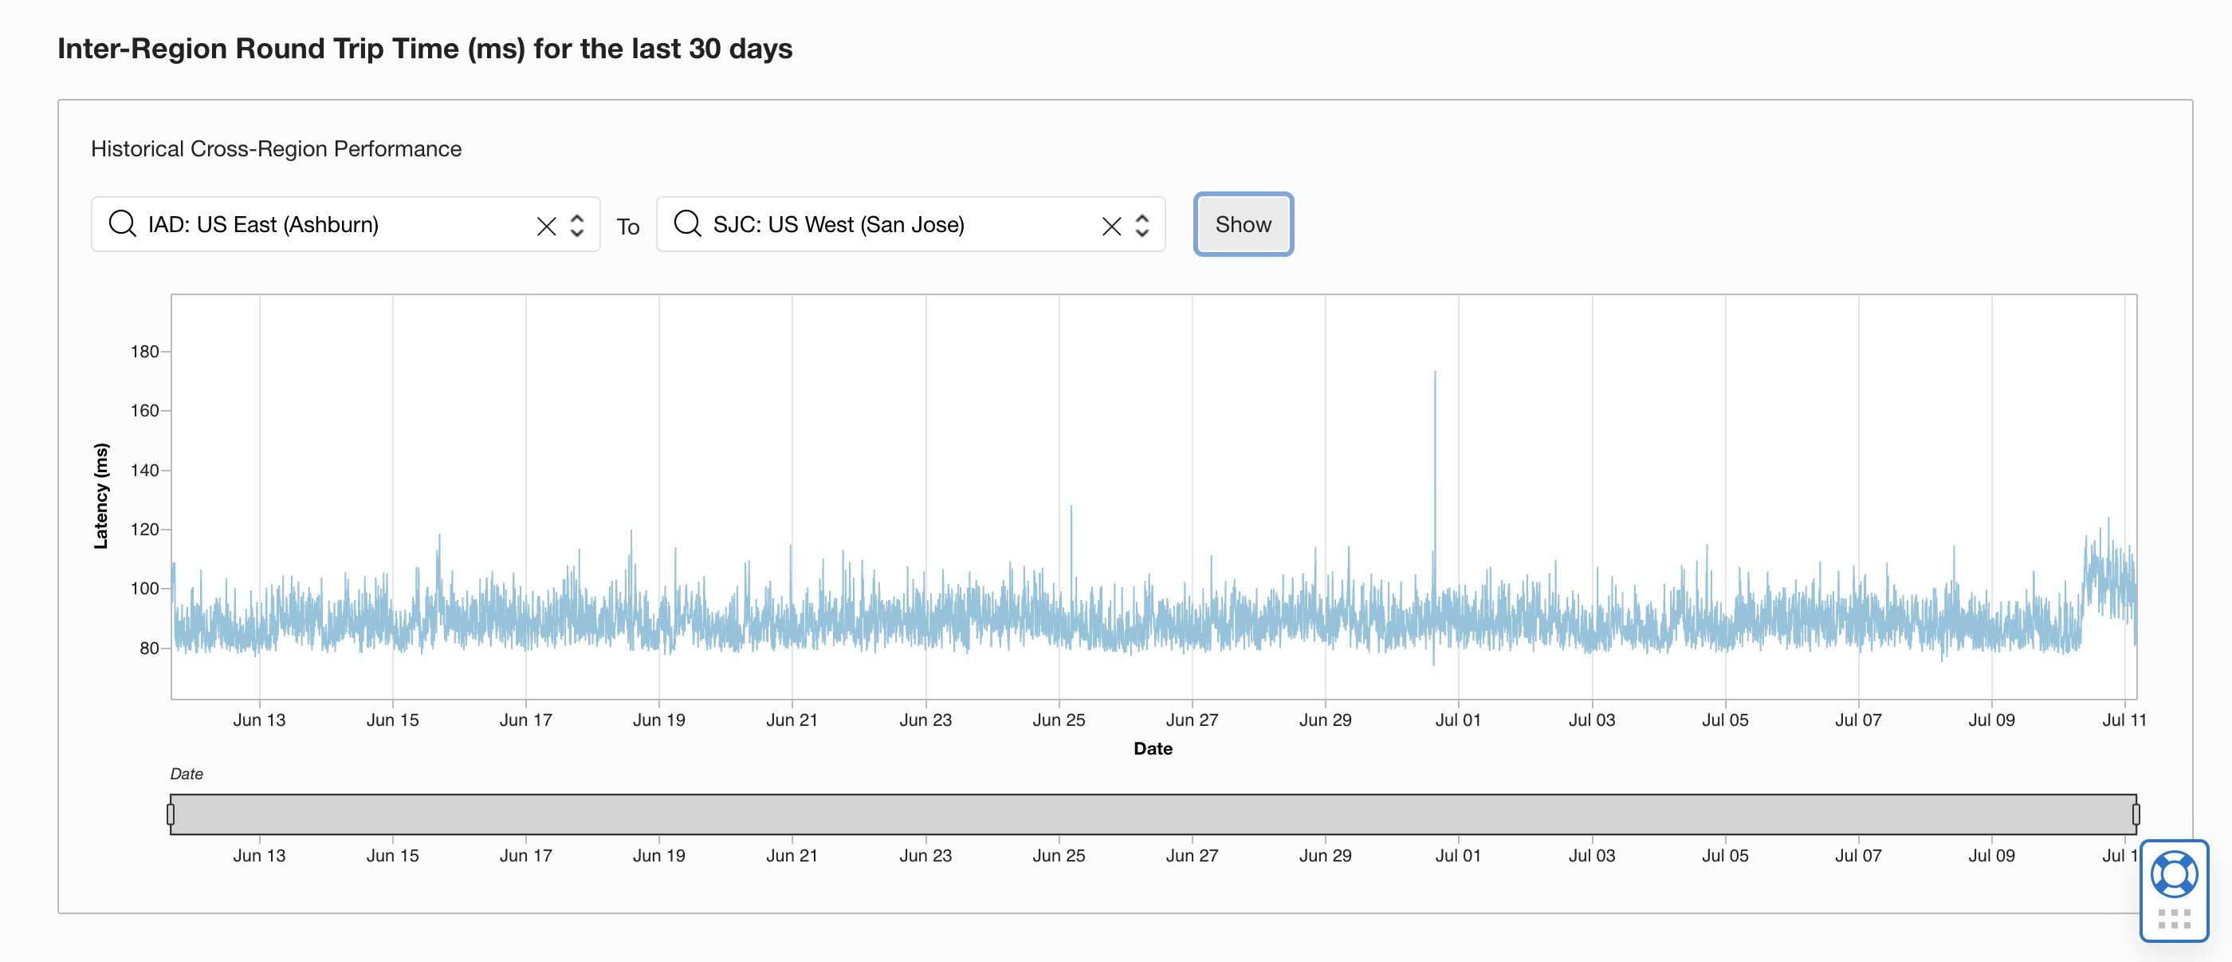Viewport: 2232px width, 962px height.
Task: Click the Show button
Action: click(x=1243, y=224)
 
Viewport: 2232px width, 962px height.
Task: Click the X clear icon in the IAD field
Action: click(x=546, y=227)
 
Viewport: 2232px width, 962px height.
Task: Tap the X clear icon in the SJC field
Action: click(x=1110, y=227)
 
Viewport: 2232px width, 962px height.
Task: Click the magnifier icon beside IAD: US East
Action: click(x=122, y=223)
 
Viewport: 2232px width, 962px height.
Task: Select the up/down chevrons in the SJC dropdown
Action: click(x=1142, y=225)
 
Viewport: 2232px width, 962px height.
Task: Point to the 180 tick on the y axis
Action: click(x=145, y=352)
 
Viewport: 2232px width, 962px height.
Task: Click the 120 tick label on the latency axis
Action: click(x=145, y=530)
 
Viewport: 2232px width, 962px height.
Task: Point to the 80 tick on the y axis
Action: click(x=149, y=649)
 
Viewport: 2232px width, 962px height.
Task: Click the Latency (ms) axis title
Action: click(x=101, y=495)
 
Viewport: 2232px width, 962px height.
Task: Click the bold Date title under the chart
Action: click(x=1153, y=749)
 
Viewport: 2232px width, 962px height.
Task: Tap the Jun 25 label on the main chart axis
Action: click(x=1058, y=720)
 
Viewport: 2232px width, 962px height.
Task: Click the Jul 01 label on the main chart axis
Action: click(x=1457, y=720)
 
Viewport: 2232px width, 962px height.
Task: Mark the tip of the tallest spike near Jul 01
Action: click(x=1434, y=373)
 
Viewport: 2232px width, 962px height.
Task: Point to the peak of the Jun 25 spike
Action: click(x=1071, y=507)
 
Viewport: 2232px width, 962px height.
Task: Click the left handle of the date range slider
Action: click(x=171, y=814)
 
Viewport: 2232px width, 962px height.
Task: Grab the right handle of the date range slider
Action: click(x=2136, y=814)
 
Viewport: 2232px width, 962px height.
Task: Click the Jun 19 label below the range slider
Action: click(x=658, y=856)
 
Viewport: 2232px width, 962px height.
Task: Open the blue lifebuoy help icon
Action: click(x=2173, y=875)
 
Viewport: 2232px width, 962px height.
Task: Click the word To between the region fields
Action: click(x=628, y=227)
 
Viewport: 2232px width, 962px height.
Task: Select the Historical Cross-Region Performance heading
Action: click(x=277, y=149)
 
